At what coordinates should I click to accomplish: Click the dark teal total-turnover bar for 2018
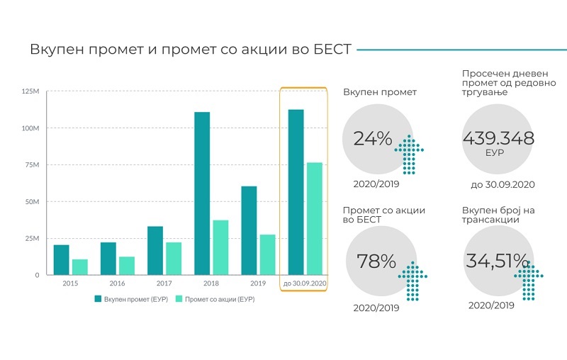202,193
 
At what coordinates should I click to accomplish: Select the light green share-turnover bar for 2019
267,255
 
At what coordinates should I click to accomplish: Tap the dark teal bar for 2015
61,260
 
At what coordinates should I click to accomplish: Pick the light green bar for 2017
174,259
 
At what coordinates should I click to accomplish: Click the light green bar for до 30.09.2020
315,219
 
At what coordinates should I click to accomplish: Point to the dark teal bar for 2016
108,259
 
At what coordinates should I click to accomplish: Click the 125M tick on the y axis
30,91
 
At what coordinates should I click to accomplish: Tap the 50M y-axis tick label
32,202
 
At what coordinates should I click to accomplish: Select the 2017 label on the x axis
164,283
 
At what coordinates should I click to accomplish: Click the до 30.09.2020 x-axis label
305,283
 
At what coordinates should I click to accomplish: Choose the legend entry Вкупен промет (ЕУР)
131,299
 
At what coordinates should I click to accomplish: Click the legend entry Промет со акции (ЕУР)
215,299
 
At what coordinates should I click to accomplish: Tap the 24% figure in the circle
373,138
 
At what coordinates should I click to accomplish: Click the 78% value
376,261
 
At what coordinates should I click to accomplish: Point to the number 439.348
498,138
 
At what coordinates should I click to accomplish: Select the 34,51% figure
498,261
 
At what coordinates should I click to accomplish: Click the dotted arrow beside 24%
409,154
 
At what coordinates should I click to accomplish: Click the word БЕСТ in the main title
332,49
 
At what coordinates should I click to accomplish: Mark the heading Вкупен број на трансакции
498,215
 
